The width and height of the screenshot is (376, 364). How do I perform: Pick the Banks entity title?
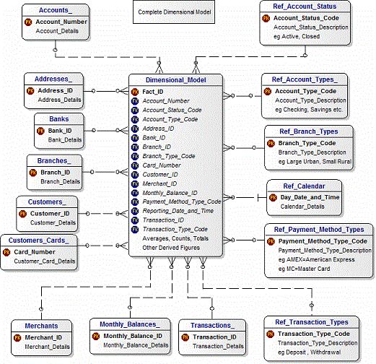(x=58, y=120)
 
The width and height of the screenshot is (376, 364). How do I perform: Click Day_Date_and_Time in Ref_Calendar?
(x=309, y=196)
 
